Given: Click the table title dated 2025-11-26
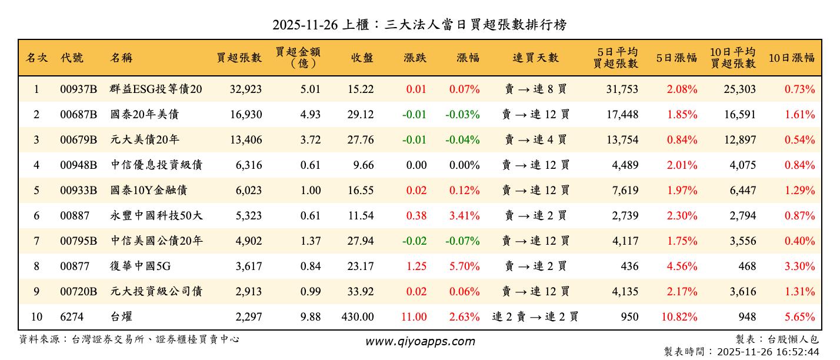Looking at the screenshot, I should click(x=419, y=24).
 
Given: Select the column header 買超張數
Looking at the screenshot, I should click(x=239, y=58).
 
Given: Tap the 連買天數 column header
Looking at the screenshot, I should click(x=535, y=58).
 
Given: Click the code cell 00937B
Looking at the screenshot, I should click(x=78, y=89).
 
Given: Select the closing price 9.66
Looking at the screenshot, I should click(x=361, y=165).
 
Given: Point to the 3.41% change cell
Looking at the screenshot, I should click(x=464, y=216).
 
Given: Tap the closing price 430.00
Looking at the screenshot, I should click(x=357, y=317).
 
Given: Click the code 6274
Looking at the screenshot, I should click(x=72, y=317).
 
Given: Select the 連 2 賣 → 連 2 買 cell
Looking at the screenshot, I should click(x=535, y=317).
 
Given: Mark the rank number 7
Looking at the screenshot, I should click(x=36, y=241).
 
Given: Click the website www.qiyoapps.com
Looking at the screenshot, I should click(x=419, y=341).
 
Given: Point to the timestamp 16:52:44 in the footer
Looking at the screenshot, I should click(x=797, y=352).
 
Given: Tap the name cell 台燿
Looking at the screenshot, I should click(x=121, y=317).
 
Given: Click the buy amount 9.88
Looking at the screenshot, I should click(x=310, y=317).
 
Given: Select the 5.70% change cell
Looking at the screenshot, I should click(x=464, y=266).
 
